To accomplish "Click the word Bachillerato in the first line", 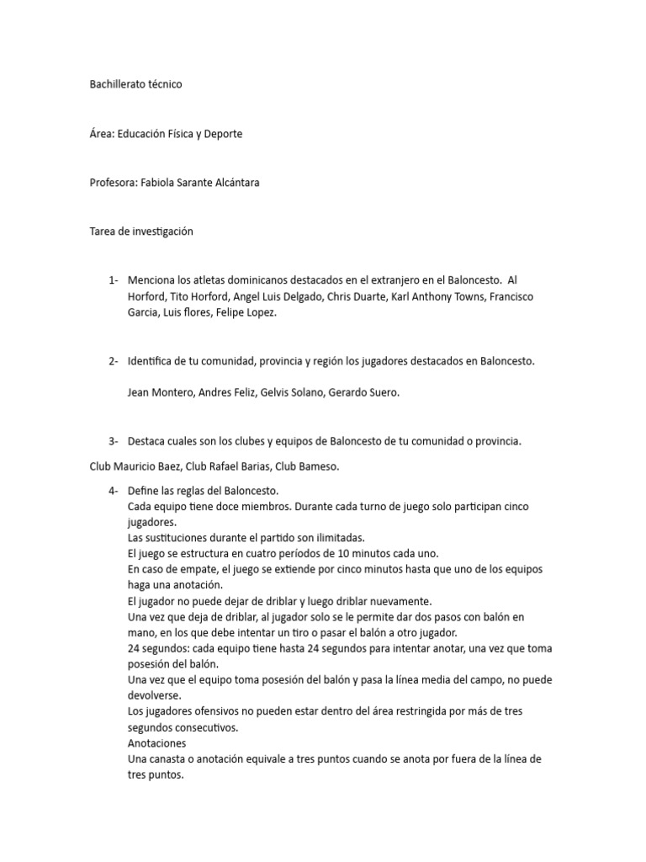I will [118, 84].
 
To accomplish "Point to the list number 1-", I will [114, 279].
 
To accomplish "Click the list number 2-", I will [114, 361].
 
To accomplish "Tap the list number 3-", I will [114, 440].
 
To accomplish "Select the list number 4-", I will [114, 490].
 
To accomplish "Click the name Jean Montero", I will [161, 392].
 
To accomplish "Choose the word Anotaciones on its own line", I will [157, 744].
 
